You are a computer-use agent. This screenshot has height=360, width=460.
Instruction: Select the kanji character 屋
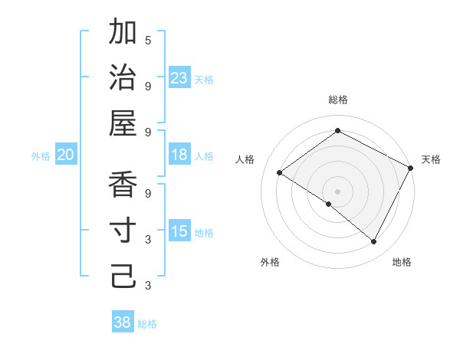click(x=123, y=123)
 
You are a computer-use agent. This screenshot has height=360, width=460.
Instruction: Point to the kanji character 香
click(x=123, y=187)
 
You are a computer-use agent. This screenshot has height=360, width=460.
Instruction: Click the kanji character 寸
click(x=123, y=231)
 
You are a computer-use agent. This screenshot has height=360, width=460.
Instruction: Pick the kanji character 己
click(x=123, y=277)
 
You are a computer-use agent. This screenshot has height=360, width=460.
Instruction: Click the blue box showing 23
click(x=179, y=77)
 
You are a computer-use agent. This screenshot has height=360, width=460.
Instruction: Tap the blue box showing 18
click(x=179, y=155)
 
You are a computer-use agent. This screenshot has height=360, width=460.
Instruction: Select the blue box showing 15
click(x=179, y=231)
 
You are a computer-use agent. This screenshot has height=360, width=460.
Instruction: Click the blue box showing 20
click(x=66, y=155)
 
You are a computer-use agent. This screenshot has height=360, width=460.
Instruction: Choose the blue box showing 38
click(x=123, y=322)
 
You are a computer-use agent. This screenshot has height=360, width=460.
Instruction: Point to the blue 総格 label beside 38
click(x=147, y=324)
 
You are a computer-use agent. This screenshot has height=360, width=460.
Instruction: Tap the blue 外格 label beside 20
click(x=41, y=156)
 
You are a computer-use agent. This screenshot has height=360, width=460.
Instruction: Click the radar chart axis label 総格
click(x=337, y=100)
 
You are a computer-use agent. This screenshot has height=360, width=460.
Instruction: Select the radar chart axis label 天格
click(x=431, y=159)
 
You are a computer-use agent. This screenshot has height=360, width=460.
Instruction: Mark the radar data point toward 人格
click(x=280, y=173)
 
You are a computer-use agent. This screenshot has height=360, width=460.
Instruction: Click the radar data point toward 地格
click(x=373, y=242)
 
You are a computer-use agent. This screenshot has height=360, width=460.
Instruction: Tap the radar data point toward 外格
click(x=329, y=204)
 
